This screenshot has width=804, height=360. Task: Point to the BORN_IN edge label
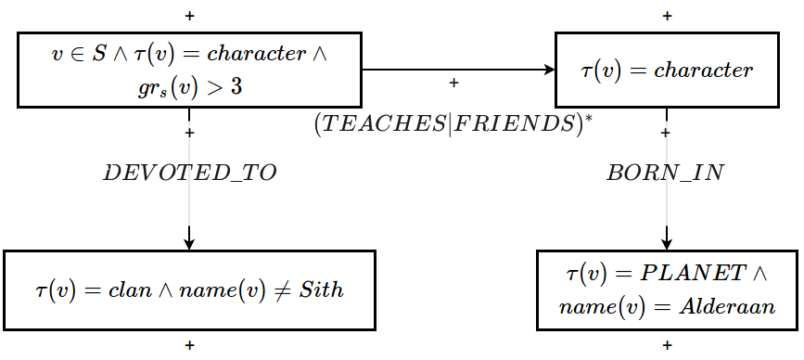pos(665,174)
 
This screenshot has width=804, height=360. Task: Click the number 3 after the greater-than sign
pos(237,90)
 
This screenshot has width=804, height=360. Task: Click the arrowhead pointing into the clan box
pos(189,244)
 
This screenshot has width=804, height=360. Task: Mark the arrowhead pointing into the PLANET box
pos(667,244)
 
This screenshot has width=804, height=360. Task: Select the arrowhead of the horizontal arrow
pos(548,70)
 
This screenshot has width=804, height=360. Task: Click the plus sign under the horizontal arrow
pos(453,84)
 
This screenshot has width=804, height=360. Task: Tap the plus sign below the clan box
pos(189,345)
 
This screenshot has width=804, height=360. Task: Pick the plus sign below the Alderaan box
pos(667,345)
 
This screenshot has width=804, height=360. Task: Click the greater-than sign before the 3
pos(215,90)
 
